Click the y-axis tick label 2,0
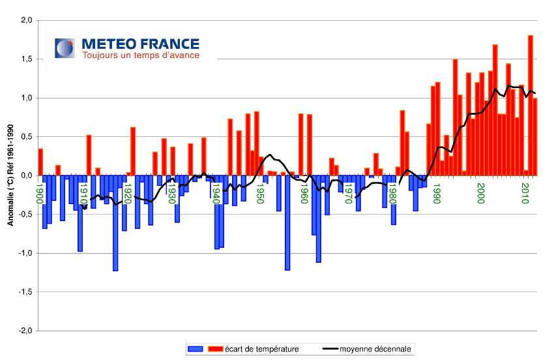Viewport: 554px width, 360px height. tap(24, 20)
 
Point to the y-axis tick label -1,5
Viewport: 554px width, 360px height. tap(23, 292)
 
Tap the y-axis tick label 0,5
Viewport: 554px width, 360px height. tap(24, 137)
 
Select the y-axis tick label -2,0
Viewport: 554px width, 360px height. tap(23, 331)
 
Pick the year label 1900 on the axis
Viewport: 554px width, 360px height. tap(40, 194)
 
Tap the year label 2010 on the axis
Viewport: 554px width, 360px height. tap(525, 194)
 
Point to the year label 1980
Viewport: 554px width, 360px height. tap(393, 194)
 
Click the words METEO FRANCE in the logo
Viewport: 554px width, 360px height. tap(140, 44)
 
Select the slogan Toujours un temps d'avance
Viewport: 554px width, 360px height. tap(140, 55)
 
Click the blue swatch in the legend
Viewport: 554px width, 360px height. tap(196, 349)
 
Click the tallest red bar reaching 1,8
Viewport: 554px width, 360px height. tap(531, 104)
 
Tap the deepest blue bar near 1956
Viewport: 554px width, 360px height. tap(287, 222)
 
